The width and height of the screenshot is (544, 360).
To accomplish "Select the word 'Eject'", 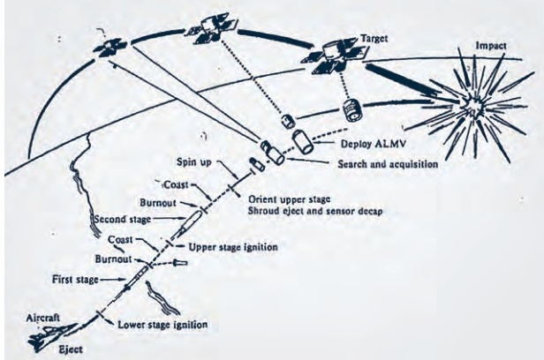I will pyautogui.click(x=57, y=351).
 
